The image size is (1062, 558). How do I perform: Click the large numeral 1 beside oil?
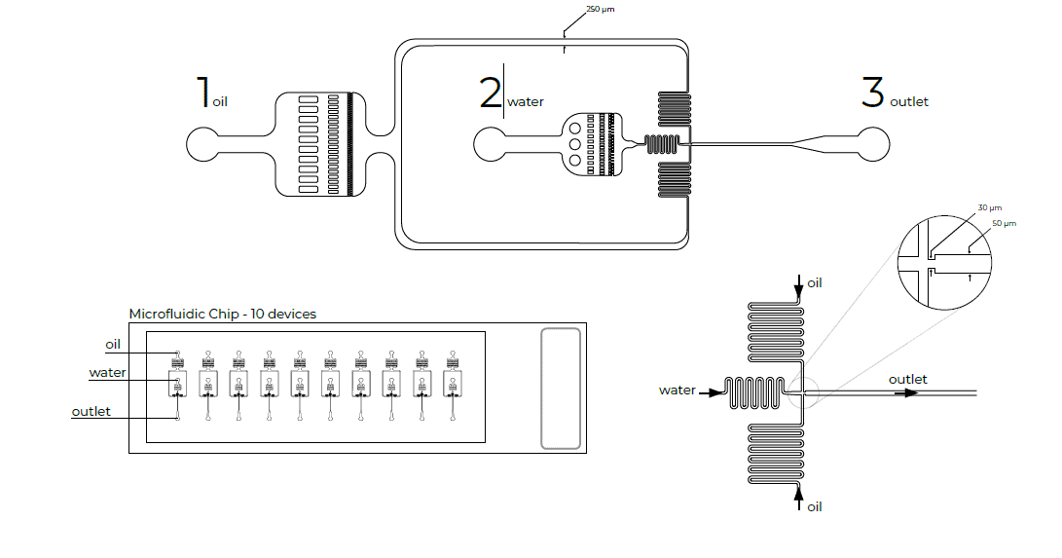coord(203,92)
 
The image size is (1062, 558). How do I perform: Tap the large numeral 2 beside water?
coord(490,93)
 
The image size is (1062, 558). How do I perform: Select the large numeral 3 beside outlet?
coord(872,93)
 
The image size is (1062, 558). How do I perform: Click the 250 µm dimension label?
coord(600,10)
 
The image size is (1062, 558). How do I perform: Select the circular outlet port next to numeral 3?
coord(874,145)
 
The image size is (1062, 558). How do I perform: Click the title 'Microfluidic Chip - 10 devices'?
coord(222,314)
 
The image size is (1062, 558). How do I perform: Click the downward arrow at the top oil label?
coord(800,283)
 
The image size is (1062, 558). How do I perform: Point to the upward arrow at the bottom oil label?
coord(800,499)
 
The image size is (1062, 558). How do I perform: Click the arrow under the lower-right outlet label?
coord(907,393)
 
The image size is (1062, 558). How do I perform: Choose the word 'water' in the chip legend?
coord(107,372)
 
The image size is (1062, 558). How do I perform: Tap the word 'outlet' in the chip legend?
coord(92,411)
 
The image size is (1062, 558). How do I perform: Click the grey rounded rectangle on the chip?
coord(561,389)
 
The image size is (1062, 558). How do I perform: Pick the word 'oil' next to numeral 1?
coord(220,101)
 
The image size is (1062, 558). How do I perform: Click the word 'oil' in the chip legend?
coord(114,344)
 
